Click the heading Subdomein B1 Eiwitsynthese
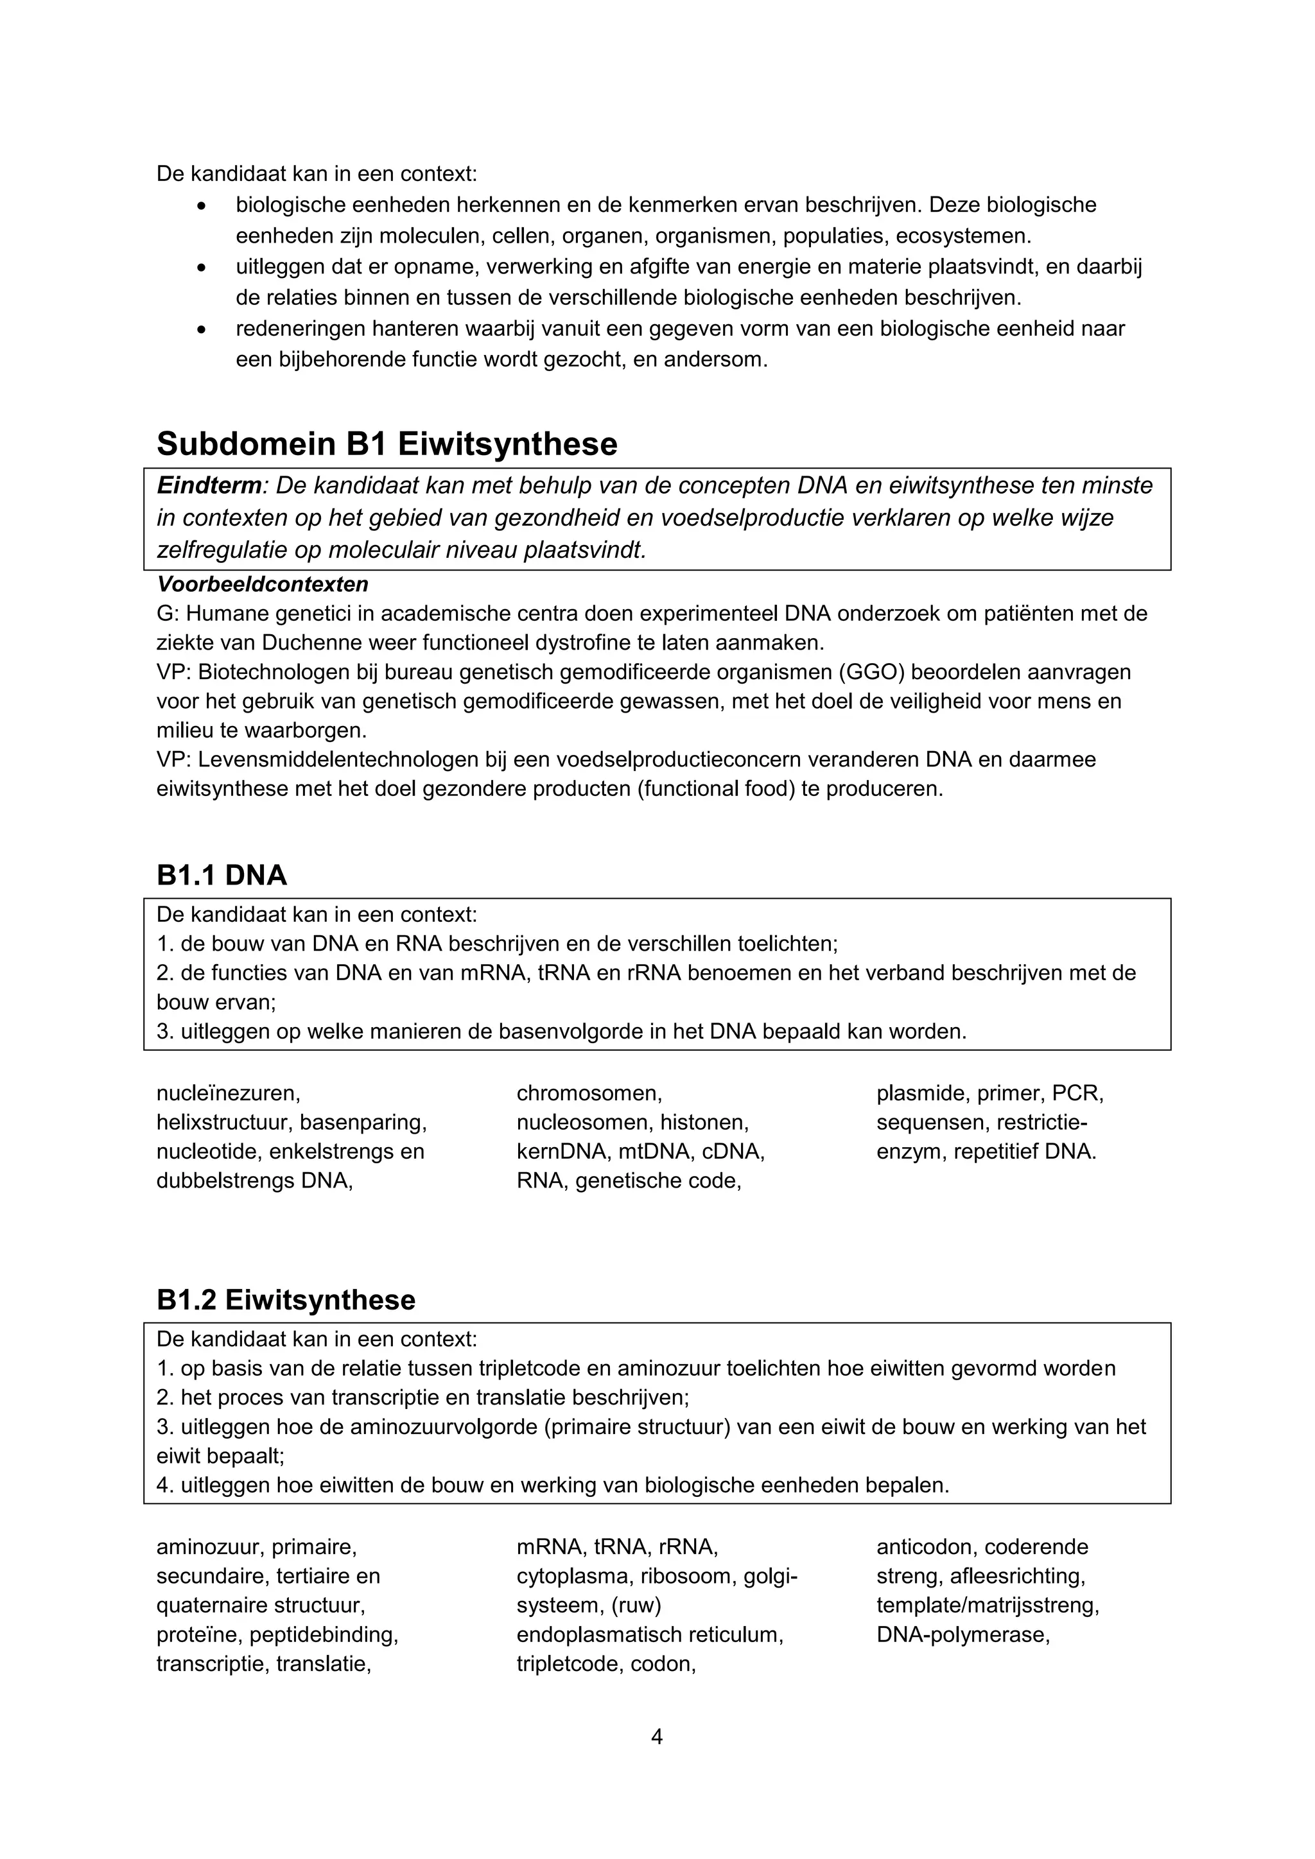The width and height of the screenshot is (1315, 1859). point(387,444)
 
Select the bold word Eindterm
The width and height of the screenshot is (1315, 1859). point(209,486)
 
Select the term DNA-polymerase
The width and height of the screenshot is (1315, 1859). point(962,1635)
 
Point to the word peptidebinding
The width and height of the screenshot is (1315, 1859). point(324,1635)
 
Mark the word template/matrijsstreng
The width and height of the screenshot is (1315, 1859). point(987,1605)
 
